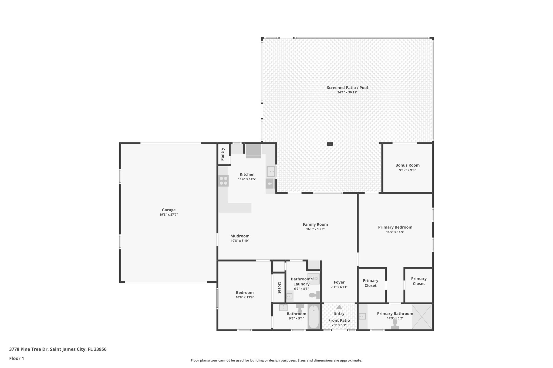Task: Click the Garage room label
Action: point(168,210)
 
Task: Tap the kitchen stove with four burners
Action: point(223,181)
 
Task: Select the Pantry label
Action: point(222,154)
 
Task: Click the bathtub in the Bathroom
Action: point(313,317)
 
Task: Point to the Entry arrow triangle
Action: point(339,307)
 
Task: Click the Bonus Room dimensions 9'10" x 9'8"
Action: point(407,170)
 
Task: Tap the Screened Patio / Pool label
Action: point(347,88)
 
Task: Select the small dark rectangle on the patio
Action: point(330,144)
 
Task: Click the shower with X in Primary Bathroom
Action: point(422,317)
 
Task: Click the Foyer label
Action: point(339,282)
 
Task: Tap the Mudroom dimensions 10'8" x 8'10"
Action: point(240,241)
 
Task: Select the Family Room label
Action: point(315,224)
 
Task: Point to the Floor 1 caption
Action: point(16,358)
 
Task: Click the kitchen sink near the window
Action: point(271,171)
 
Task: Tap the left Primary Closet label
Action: point(370,283)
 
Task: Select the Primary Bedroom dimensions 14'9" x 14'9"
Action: point(395,232)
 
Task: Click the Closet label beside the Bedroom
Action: point(279,287)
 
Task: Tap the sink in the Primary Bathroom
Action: point(362,316)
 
